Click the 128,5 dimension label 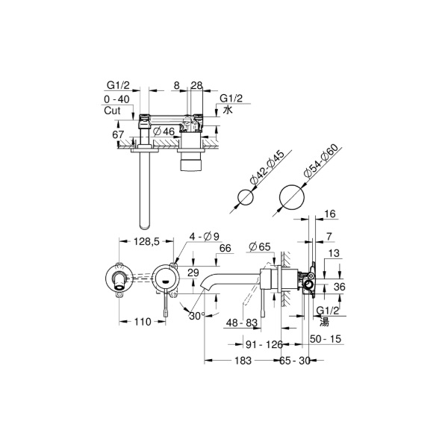point(146,242)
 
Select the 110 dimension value point(143,322)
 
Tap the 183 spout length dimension point(243,361)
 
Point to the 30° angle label point(197,316)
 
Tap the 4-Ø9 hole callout point(205,237)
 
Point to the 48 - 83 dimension point(242,323)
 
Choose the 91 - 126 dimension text point(264,344)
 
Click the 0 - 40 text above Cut point(116,99)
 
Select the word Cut point(112,111)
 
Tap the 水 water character point(228,110)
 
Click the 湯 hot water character point(324,322)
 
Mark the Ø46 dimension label point(164,131)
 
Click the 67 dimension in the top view point(118,135)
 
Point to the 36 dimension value point(340,287)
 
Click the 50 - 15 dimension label point(326,339)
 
